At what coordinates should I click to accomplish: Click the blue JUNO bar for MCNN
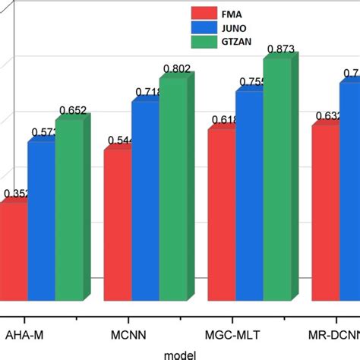(145, 201)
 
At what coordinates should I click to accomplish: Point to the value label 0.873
(279, 50)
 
